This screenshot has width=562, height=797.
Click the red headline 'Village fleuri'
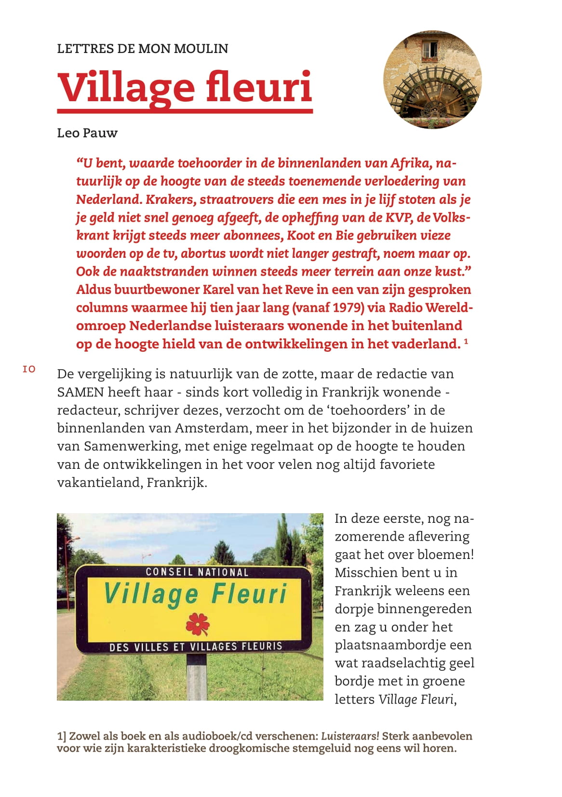185,88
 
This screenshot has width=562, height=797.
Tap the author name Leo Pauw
87,133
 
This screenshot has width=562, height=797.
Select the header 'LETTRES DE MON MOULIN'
143,49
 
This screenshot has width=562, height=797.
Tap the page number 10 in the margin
29,370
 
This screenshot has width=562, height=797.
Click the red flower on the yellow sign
197,624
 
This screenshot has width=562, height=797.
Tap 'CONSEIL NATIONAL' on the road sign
197,572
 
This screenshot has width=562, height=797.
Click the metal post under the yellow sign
197,677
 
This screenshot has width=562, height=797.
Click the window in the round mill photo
430,49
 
